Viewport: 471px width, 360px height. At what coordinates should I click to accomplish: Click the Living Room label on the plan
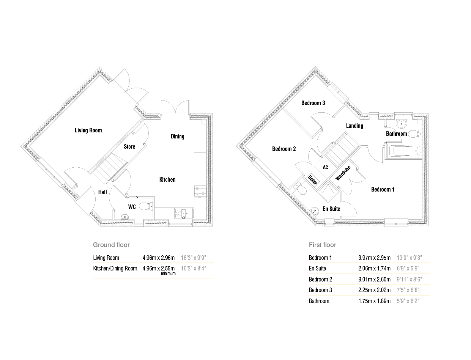pyautogui.click(x=88, y=130)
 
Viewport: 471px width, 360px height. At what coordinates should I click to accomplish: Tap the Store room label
pyautogui.click(x=129, y=147)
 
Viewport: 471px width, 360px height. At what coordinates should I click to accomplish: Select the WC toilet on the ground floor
pyautogui.click(x=146, y=206)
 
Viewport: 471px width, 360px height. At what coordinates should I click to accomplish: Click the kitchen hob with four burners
pyautogui.click(x=200, y=192)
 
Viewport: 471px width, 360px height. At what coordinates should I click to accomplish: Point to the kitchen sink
pyautogui.click(x=183, y=213)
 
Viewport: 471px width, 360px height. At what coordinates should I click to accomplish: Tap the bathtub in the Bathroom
pyautogui.click(x=403, y=151)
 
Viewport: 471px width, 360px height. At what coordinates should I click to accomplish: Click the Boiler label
pyautogui.click(x=312, y=180)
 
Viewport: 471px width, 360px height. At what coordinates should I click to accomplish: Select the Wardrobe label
pyautogui.click(x=343, y=173)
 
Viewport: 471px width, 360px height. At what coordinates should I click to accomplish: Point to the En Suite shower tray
pyautogui.click(x=328, y=192)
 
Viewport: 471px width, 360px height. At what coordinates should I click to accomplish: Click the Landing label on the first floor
pyautogui.click(x=354, y=126)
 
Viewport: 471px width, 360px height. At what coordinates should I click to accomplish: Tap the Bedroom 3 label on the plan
pyautogui.click(x=313, y=103)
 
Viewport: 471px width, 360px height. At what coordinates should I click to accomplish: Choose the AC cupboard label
pyautogui.click(x=325, y=167)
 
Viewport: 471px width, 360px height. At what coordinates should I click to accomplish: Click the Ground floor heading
pyautogui.click(x=111, y=245)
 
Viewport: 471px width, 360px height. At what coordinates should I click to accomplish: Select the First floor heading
pyautogui.click(x=322, y=245)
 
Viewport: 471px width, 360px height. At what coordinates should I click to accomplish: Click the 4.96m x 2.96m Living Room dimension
pyautogui.click(x=158, y=258)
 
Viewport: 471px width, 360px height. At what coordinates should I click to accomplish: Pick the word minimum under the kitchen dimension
pyautogui.click(x=168, y=274)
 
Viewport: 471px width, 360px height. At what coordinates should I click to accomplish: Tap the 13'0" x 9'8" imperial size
pyautogui.click(x=409, y=258)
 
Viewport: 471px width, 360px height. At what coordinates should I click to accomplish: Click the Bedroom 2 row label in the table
pyautogui.click(x=320, y=279)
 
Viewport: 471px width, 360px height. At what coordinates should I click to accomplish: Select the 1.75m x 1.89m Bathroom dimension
pyautogui.click(x=374, y=301)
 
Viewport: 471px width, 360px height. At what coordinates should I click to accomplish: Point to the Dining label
pyautogui.click(x=178, y=137)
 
